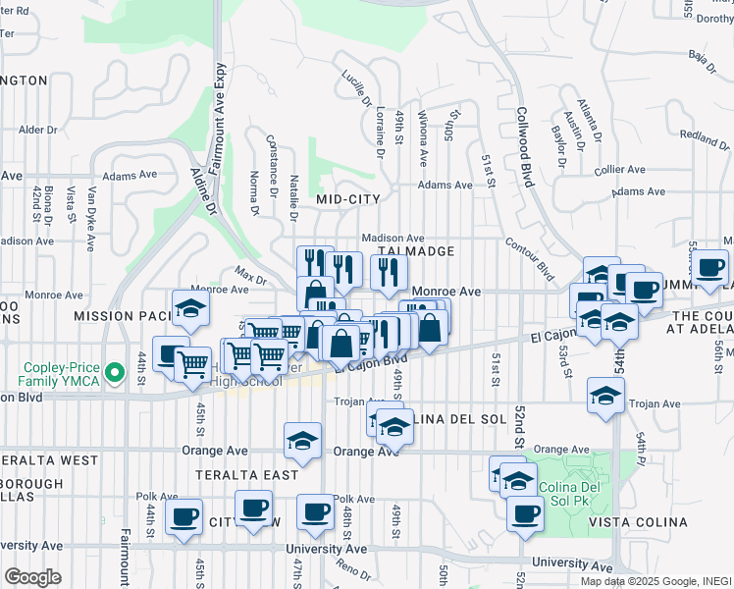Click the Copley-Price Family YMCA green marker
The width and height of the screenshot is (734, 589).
pos(115,373)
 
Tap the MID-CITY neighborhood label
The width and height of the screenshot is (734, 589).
pos(347,199)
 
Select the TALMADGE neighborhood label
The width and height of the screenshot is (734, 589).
pos(416,252)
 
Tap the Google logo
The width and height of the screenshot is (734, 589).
pos(32,577)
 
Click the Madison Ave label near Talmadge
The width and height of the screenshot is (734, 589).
pos(392,238)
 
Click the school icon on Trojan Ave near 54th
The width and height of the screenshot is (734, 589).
pos(606,395)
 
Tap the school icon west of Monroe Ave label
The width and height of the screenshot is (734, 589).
pos(189,308)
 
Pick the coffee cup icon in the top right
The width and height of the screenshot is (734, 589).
pos(711,266)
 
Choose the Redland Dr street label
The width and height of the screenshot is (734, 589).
pos(705,136)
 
